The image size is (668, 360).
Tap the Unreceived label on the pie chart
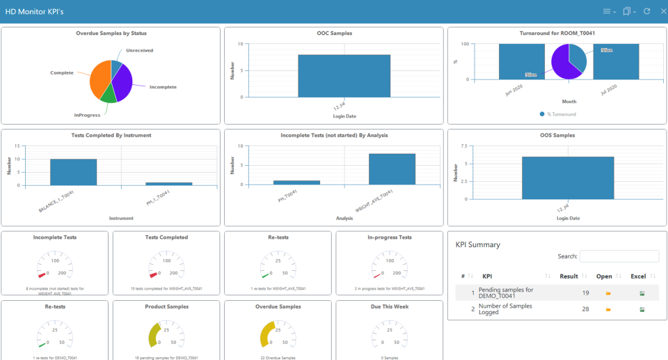point(139,50)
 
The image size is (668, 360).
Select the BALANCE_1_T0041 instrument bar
point(73,172)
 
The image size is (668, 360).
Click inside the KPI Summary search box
point(619,256)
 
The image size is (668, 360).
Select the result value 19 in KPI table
point(585,293)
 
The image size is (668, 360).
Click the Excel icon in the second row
point(642,309)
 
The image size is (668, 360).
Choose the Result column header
point(568,276)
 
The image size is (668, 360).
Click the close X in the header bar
point(663,11)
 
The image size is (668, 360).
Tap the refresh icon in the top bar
point(647,11)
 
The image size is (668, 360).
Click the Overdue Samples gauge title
point(277,306)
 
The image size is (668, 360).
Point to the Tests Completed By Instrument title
point(111,135)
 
